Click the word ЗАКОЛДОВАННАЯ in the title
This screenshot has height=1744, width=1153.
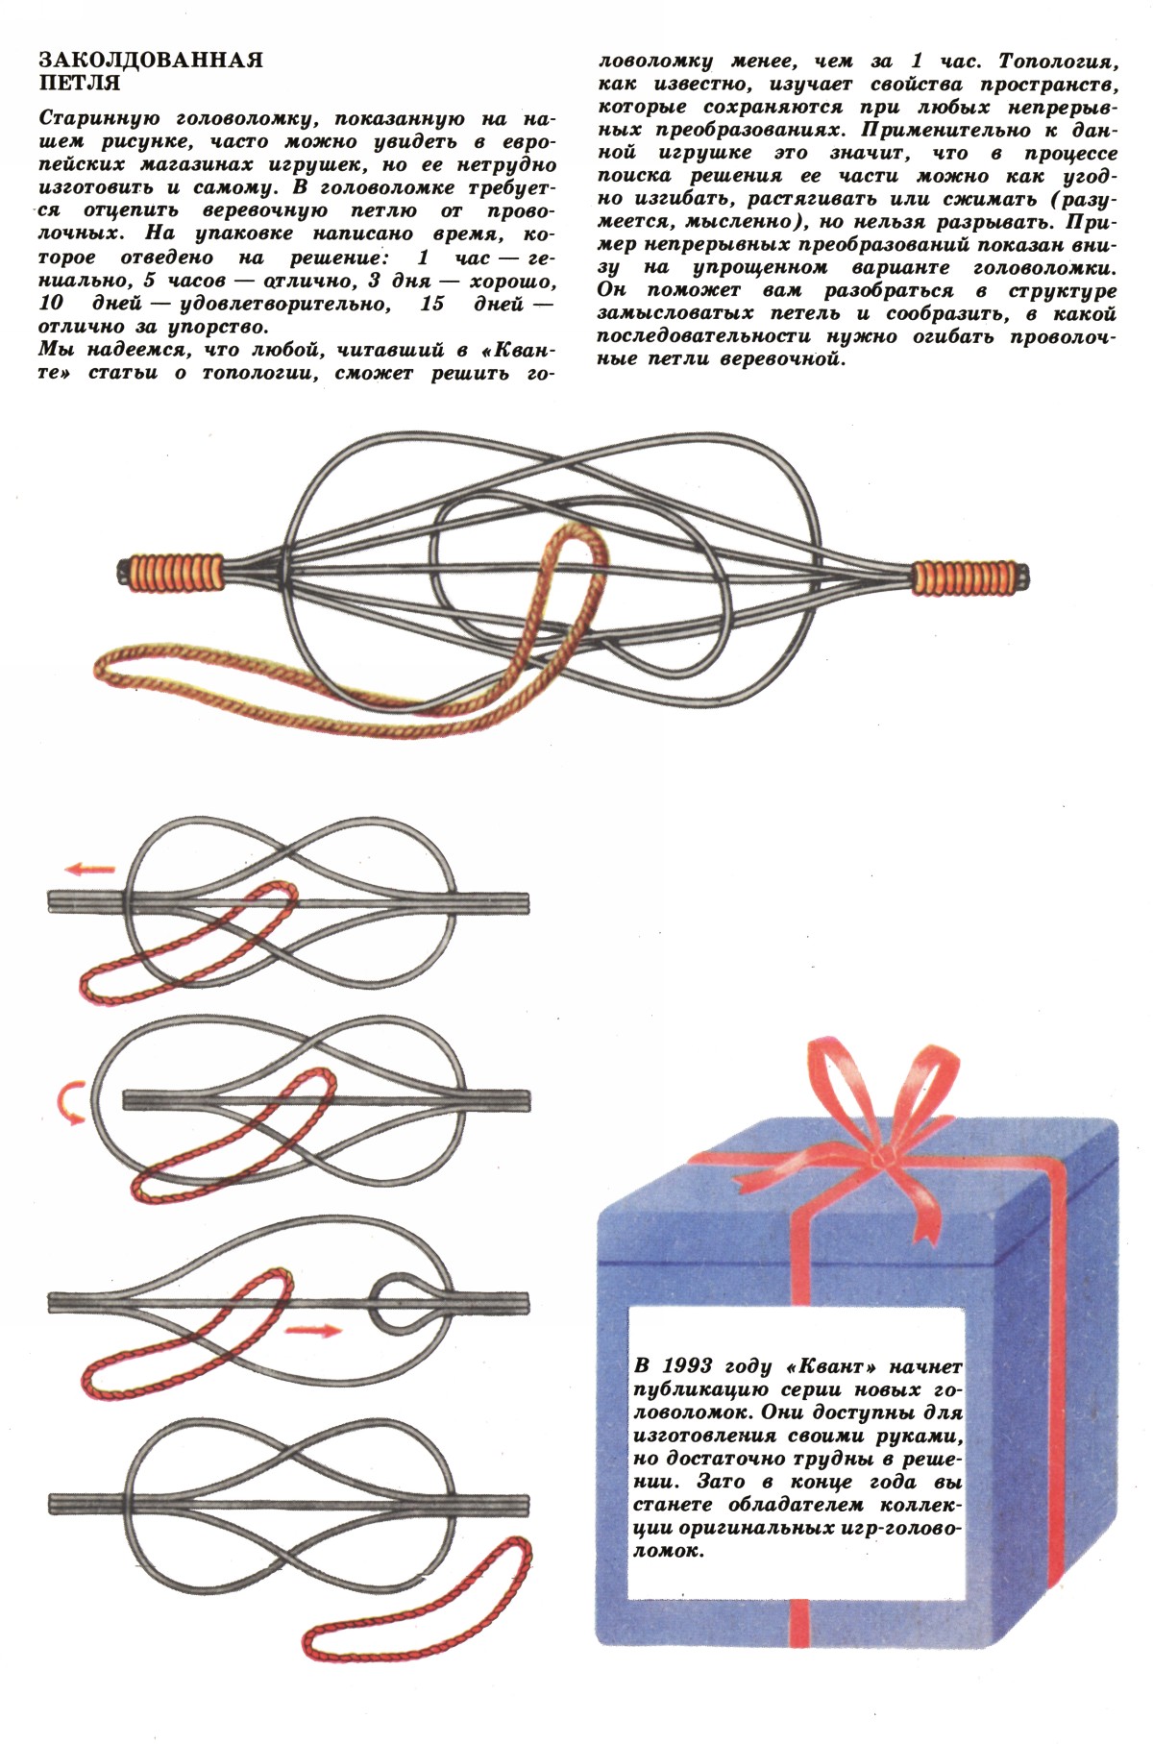click(151, 61)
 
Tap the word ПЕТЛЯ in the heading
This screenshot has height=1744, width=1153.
click(80, 84)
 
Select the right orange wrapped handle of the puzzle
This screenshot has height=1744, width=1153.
click(969, 576)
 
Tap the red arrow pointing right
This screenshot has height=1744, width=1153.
click(313, 1331)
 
